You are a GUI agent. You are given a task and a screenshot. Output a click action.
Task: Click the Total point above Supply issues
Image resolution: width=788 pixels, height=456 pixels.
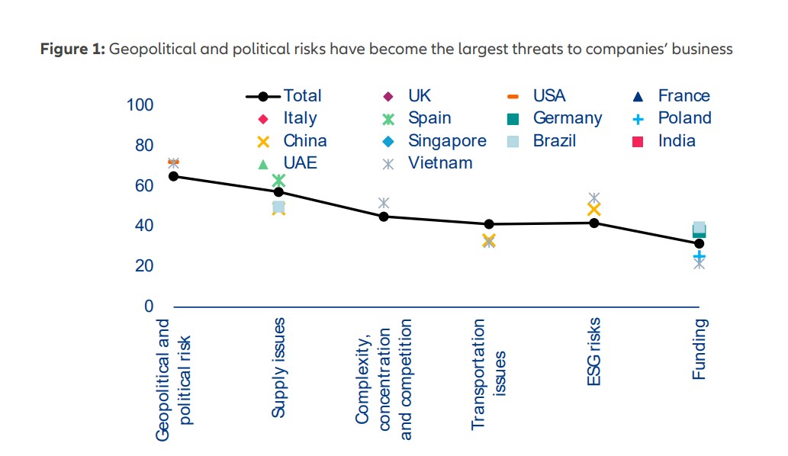click(x=278, y=192)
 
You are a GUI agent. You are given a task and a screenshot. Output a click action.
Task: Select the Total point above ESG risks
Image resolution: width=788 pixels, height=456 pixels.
click(x=593, y=223)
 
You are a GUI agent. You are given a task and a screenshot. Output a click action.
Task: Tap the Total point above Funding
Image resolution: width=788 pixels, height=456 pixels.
click(x=698, y=243)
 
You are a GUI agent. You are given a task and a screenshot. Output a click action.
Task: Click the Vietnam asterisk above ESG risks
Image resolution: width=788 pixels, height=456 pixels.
click(x=594, y=198)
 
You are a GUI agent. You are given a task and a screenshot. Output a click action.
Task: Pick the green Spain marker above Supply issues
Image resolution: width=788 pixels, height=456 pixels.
click(x=278, y=181)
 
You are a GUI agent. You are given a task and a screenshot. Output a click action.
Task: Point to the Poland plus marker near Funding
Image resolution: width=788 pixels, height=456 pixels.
click(x=699, y=256)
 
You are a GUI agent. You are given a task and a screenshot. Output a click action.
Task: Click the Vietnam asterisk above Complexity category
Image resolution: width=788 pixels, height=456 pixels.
click(x=384, y=203)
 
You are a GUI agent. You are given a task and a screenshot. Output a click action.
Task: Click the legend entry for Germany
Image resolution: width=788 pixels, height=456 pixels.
click(x=556, y=118)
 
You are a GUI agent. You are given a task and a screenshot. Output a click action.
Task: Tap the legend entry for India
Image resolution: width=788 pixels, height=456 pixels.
click(x=664, y=140)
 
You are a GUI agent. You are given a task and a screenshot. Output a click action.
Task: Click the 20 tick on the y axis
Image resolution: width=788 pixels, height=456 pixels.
click(x=144, y=266)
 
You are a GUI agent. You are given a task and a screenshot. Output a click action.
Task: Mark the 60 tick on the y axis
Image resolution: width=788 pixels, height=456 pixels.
click(x=144, y=186)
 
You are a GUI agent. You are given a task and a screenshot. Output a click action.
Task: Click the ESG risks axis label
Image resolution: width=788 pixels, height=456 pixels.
click(x=594, y=352)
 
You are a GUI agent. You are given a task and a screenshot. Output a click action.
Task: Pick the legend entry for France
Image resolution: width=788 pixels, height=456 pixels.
click(x=673, y=96)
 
